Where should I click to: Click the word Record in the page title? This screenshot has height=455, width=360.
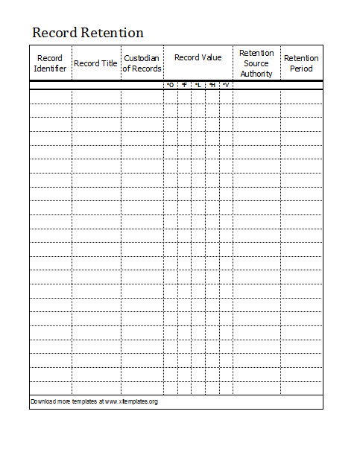[54, 34]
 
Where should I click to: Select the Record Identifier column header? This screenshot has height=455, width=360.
[50, 63]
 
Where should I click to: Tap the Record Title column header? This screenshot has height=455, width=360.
[96, 63]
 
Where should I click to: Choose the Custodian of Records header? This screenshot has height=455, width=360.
[142, 63]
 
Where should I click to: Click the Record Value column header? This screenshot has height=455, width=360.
[198, 58]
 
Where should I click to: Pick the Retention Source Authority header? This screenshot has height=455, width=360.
[256, 63]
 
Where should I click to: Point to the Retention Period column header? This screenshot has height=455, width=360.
[301, 63]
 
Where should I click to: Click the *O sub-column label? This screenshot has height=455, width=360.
[170, 85]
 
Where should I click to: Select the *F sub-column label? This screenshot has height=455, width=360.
[184, 85]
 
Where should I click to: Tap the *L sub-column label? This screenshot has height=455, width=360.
[198, 85]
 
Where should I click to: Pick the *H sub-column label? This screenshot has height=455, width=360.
[212, 85]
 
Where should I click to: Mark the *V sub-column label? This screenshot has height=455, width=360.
[225, 85]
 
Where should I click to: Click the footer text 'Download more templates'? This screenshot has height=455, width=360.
[63, 402]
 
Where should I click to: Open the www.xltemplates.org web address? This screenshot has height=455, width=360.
[131, 402]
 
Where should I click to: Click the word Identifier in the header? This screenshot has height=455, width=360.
[50, 69]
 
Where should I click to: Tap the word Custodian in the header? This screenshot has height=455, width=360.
[142, 58]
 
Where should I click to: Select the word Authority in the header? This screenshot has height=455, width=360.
[256, 74]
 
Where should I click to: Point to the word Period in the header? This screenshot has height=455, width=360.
[301, 69]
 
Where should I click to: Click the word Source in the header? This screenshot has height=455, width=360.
[256, 63]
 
